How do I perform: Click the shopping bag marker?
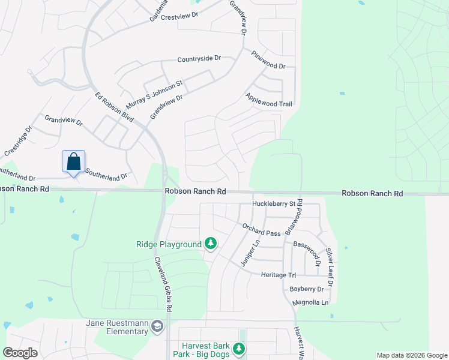tap(73, 162)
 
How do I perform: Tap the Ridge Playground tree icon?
tap(210, 244)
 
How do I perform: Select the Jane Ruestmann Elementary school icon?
tap(157, 326)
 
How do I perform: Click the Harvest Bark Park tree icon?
tap(239, 349)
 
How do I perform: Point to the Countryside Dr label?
tap(199, 59)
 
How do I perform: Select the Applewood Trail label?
tap(268, 100)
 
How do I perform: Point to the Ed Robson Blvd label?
tap(114, 107)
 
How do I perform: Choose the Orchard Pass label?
tap(261, 230)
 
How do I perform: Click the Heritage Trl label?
tap(279, 275)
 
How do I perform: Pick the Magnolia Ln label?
tap(311, 302)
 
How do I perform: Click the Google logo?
tap(20, 353)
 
